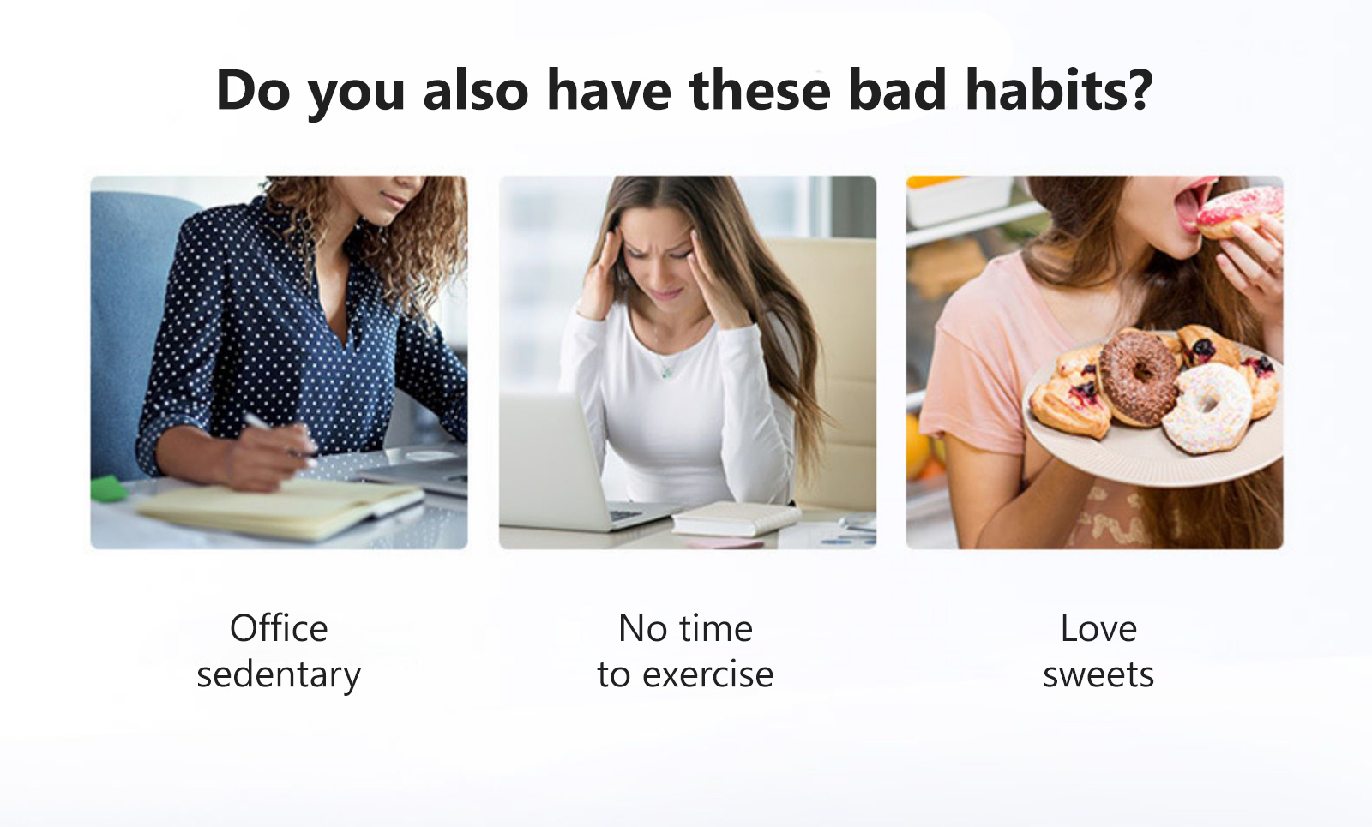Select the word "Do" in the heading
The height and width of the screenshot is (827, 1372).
tap(253, 89)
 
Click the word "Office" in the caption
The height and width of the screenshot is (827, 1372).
tap(279, 628)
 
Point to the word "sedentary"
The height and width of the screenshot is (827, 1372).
tap(279, 676)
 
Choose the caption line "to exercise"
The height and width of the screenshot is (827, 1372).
tap(685, 674)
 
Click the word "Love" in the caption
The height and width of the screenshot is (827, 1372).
tap(1098, 628)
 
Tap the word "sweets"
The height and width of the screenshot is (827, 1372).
tap(1098, 674)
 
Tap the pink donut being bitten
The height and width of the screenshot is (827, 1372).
tap(1238, 212)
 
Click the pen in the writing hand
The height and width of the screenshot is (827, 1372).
tap(279, 435)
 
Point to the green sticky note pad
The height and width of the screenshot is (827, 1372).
tap(109, 488)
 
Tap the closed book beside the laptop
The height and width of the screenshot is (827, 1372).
tap(735, 518)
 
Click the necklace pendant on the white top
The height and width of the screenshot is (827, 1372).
tap(665, 371)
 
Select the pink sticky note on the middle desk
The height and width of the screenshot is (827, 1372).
tap(725, 543)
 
